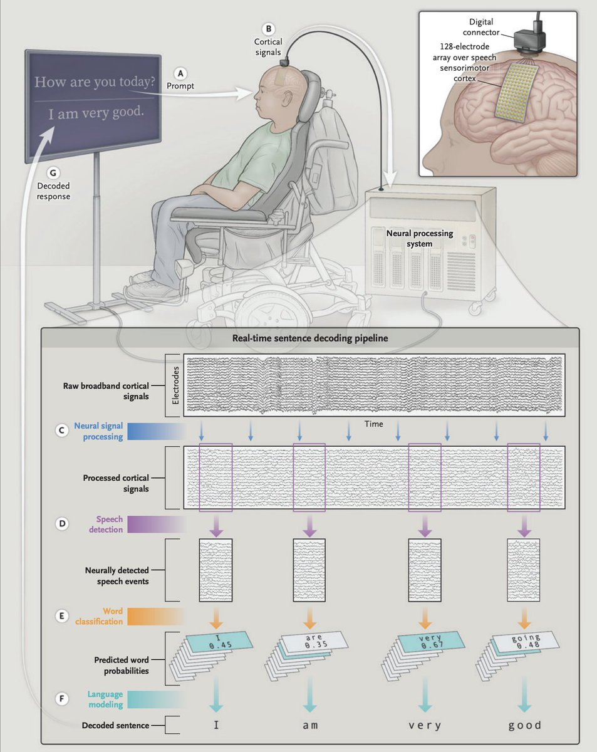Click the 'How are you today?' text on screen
click(95, 82)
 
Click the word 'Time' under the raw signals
click(374, 424)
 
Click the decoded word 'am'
click(310, 725)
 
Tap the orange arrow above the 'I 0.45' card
click(215, 617)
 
